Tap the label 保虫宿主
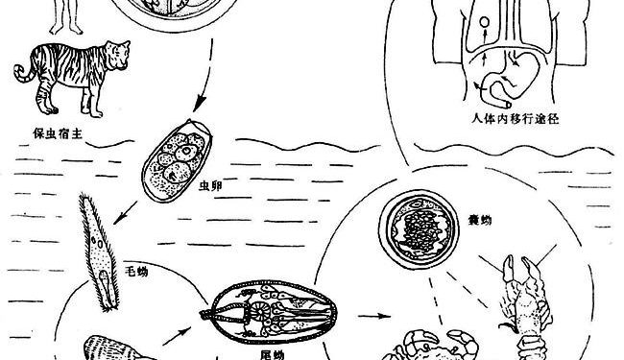[58, 134]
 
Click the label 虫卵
[210, 186]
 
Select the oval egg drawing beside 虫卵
[177, 160]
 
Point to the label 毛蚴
[136, 272]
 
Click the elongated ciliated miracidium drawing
[100, 252]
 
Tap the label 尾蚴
[273, 354]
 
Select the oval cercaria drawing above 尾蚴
[270, 312]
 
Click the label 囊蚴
[480, 220]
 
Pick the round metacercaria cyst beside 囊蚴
[419, 230]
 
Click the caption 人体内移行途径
[516, 118]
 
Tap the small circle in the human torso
[485, 22]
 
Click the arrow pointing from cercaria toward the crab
[374, 316]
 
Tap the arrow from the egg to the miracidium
[125, 213]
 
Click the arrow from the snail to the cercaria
[177, 336]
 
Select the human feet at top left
[66, 29]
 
